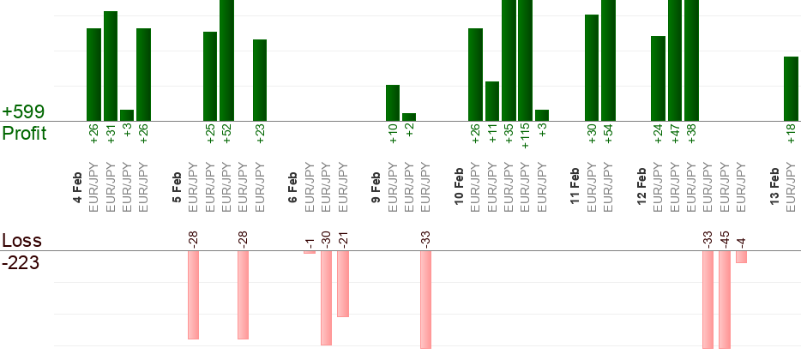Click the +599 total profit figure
[23, 112]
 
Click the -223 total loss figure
[21, 262]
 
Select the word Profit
[24, 133]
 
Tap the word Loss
[21, 240]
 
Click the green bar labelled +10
[393, 103]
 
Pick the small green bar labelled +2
[409, 117]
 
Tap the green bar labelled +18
[791, 88]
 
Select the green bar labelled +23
[260, 80]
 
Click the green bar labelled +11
[492, 101]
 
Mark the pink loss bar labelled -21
[343, 284]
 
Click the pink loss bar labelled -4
[741, 257]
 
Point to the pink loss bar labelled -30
[326, 297]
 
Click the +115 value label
[525, 135]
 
